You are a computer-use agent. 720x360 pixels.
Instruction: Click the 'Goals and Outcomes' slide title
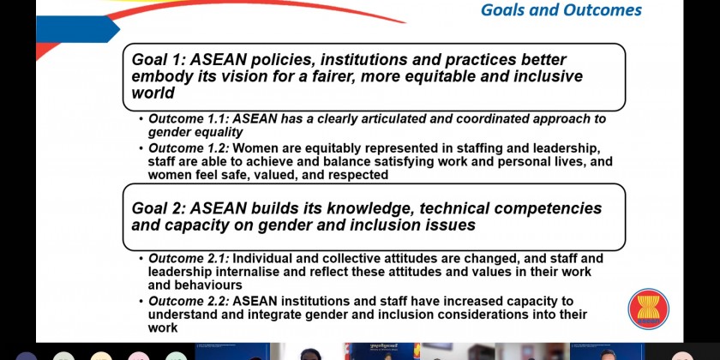(x=561, y=9)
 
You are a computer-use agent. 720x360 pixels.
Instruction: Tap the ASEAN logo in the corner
(x=648, y=309)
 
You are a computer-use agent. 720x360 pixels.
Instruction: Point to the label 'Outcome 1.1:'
(x=189, y=119)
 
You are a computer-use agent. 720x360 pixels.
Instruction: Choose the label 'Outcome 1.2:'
(x=189, y=148)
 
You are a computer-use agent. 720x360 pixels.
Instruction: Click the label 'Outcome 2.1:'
(x=189, y=259)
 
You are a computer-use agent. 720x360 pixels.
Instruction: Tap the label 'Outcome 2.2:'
(x=189, y=301)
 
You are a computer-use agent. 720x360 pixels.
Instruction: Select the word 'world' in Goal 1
(x=153, y=93)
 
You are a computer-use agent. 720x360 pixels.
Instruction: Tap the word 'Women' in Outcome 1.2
(x=255, y=148)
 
